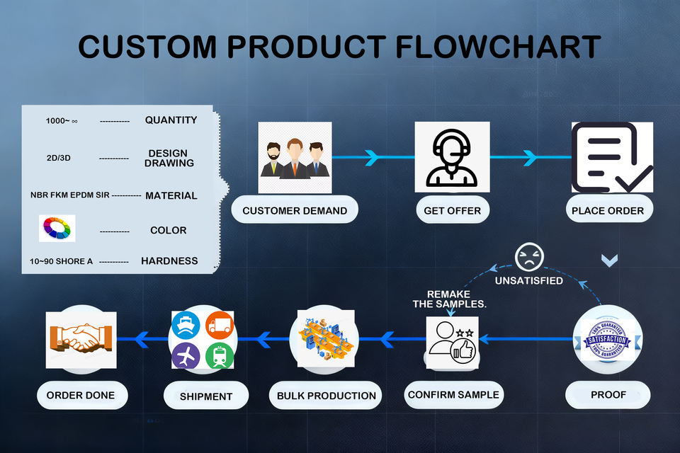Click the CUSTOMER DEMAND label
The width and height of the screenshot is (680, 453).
point(295,210)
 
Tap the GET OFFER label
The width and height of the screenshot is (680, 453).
point(453,210)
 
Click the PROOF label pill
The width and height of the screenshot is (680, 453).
point(608,394)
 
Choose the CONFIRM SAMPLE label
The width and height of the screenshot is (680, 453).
point(453,394)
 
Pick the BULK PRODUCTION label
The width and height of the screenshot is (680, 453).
point(326,396)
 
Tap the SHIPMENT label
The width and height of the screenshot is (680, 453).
point(206,396)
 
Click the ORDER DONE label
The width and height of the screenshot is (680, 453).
point(81,395)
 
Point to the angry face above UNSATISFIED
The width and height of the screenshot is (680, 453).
point(529,257)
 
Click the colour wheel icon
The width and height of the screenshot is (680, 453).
point(57,228)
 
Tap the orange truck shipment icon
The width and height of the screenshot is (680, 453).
point(220,325)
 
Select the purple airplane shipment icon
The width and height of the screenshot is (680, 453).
point(186,355)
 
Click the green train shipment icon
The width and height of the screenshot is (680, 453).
point(220,355)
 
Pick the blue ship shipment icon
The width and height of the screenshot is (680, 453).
point(186,325)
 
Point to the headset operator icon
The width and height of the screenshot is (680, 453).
point(453,157)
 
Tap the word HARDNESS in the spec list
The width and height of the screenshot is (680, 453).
point(169,260)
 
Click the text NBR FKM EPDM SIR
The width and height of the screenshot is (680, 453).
point(70,195)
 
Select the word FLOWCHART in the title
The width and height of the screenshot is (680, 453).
point(498,47)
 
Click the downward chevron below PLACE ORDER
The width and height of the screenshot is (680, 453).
point(609,260)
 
